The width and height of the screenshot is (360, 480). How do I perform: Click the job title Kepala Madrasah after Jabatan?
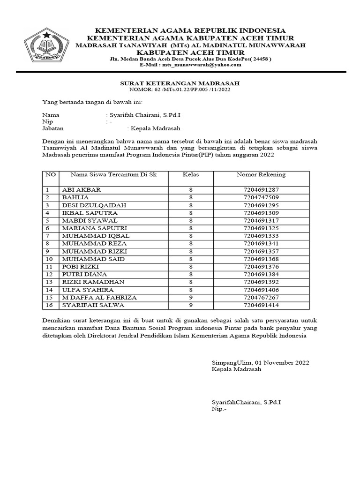tap(155, 128)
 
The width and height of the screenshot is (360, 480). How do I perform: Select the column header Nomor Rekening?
tap(261, 175)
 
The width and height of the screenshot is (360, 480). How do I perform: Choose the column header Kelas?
tap(191, 175)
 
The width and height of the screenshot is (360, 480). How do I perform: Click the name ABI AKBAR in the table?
tap(81, 190)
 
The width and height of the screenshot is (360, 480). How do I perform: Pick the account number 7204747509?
tap(261, 197)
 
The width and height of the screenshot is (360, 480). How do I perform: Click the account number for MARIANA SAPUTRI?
tap(261, 228)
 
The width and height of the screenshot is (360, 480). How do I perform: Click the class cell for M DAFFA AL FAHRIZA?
tap(191, 297)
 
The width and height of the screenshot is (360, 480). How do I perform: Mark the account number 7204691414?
tap(261, 305)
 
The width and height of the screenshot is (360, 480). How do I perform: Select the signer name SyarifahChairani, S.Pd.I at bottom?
tap(247, 402)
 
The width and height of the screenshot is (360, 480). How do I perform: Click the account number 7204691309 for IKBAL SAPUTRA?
tap(261, 213)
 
